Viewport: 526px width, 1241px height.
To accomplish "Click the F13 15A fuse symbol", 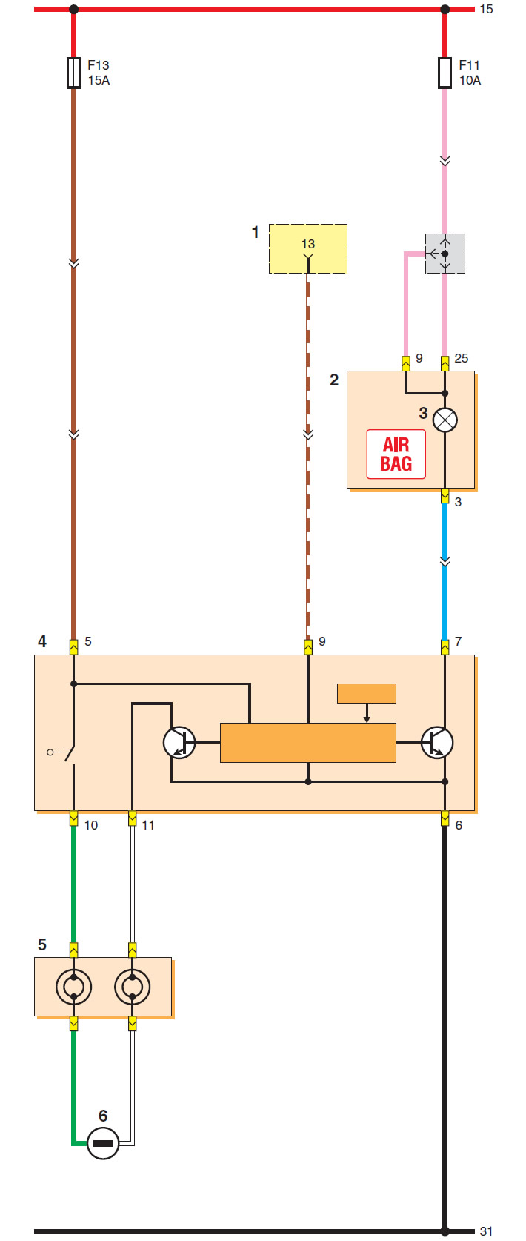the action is tap(73, 73).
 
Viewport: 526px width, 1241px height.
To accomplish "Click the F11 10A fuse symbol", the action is tap(445, 73).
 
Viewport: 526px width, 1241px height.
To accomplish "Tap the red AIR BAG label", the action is tap(396, 454).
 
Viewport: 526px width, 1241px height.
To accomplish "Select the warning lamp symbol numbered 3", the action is tap(445, 420).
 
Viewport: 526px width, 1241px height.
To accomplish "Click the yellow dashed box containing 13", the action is tap(308, 249).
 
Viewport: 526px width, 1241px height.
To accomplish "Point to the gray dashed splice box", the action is tap(445, 254).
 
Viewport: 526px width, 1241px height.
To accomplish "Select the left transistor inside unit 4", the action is tap(179, 742).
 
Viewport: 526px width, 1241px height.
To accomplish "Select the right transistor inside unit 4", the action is tap(437, 742).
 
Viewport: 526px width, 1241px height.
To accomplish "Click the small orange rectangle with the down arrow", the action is tap(367, 694).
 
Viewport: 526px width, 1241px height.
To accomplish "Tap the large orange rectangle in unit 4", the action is tap(308, 743).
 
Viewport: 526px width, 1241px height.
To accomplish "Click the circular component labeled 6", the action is tap(103, 1143).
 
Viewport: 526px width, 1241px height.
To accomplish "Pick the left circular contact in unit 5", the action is tap(73, 987).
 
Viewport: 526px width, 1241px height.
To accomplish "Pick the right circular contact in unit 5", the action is tap(133, 987).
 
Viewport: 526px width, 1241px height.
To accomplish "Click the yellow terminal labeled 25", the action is tap(445, 363).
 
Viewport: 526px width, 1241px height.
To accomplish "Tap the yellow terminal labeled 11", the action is tap(133, 818).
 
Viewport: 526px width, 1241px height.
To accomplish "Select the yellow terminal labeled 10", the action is tap(73, 818).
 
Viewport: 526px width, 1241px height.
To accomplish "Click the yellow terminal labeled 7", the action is tap(445, 647).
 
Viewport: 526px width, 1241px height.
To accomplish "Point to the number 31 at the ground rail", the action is tap(486, 1231).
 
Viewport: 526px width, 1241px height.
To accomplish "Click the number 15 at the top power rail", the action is tap(486, 10).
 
